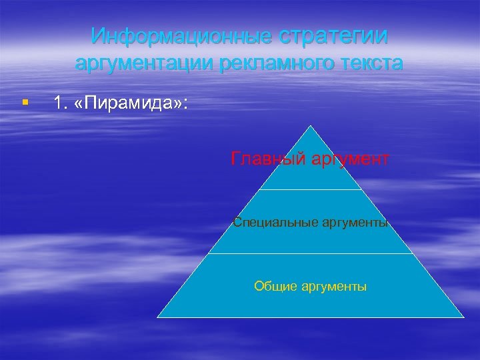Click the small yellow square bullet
(25, 103)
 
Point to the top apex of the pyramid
(311, 125)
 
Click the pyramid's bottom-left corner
(157, 317)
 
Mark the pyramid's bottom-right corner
(463, 317)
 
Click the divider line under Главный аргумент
(311, 190)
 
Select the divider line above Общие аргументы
(311, 253)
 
